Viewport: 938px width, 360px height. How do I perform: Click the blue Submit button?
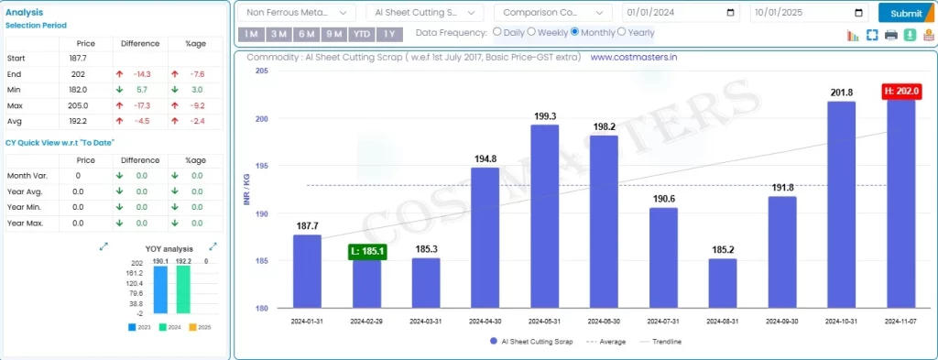tap(906, 13)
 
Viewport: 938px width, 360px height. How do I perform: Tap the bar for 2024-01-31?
tap(308, 271)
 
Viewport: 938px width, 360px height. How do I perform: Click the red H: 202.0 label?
tap(901, 92)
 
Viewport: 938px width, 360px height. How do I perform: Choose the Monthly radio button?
tap(575, 32)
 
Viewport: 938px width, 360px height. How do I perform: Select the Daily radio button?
tap(497, 32)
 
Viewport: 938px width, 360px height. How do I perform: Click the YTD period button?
tap(362, 34)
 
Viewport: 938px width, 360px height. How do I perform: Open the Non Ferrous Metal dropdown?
tap(296, 13)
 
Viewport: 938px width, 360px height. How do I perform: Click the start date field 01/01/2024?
tap(680, 13)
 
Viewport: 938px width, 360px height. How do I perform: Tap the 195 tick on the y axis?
tap(262, 166)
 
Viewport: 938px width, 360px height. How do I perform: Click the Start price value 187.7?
tap(78, 58)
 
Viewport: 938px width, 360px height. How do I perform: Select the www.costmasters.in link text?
tap(633, 57)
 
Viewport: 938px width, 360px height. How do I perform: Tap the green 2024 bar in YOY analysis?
tap(182, 290)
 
